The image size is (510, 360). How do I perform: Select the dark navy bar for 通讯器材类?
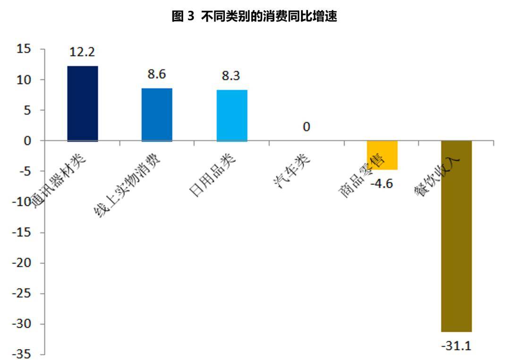click(x=83, y=103)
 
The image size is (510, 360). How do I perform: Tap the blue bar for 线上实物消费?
click(x=157, y=114)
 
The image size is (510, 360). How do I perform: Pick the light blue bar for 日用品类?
click(x=231, y=115)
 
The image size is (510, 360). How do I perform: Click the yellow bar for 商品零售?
click(x=382, y=155)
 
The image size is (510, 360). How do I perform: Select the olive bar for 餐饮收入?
click(x=456, y=236)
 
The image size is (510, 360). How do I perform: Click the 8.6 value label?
click(x=157, y=74)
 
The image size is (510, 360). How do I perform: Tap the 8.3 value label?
click(x=231, y=75)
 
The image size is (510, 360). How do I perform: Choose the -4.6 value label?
click(x=382, y=184)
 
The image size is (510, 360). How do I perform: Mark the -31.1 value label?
click(x=456, y=346)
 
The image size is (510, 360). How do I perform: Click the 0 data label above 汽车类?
click(x=306, y=126)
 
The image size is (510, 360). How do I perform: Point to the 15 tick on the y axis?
click(x=24, y=49)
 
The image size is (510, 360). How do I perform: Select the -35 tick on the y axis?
click(x=21, y=354)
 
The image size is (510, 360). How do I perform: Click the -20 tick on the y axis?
click(x=21, y=263)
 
